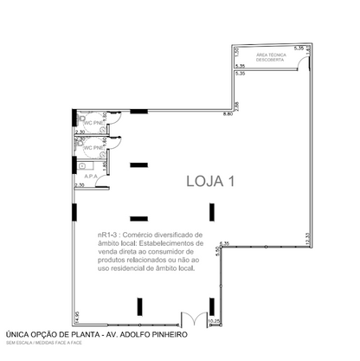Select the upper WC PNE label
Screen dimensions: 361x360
(x=93, y=124)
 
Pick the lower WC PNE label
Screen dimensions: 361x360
(x=93, y=148)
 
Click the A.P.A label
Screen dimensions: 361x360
(x=90, y=174)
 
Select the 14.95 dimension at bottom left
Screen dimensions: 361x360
(x=77, y=318)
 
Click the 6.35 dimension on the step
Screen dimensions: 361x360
(x=224, y=243)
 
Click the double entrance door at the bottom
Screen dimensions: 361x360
(x=191, y=319)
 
